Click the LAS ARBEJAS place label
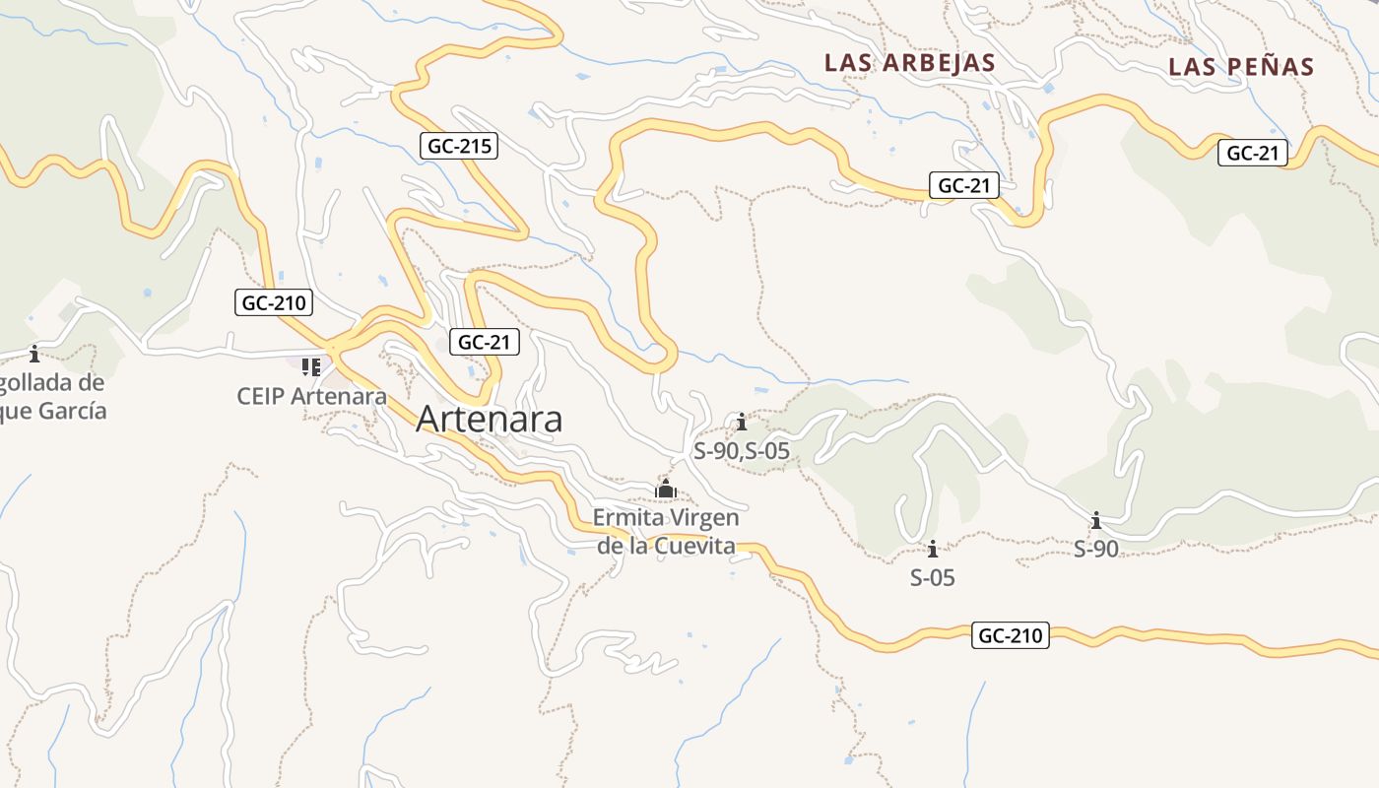909,63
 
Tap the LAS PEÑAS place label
1241,67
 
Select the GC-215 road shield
460,147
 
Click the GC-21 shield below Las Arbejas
964,185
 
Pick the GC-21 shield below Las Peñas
1253,153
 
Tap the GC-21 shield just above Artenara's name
484,342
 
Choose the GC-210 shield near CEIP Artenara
274,302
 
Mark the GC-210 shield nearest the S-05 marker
1010,635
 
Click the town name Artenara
490,419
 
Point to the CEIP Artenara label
311,396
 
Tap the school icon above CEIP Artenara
311,367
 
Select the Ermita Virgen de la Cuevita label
666,531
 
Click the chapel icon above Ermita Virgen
666,489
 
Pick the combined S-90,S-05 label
742,451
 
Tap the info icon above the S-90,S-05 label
742,424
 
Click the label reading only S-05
932,577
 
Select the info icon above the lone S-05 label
932,550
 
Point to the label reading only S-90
1095,549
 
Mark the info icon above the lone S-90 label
1095,520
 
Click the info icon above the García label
34,354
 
